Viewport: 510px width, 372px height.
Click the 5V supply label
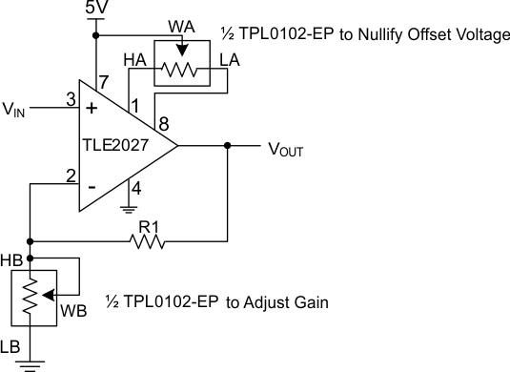pos(96,9)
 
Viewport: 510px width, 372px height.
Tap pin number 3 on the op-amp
pos(70,98)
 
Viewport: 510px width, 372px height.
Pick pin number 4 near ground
pos(136,188)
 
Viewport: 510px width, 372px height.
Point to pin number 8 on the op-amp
pos(165,124)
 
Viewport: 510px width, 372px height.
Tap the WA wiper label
pos(181,24)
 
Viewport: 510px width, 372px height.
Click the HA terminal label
pos(134,60)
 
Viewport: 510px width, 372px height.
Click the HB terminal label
pos(13,258)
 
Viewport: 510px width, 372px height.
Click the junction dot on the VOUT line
pos(227,146)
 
